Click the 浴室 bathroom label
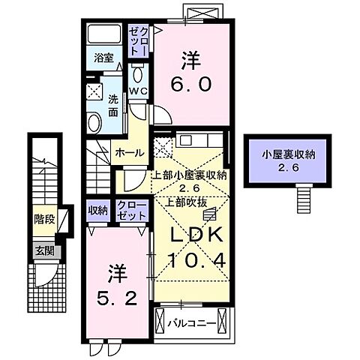(x=102, y=57)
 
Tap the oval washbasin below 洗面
(x=95, y=122)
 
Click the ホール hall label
(x=130, y=151)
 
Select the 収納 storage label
(x=97, y=211)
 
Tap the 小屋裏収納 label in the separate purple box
(x=288, y=155)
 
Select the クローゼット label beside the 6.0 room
(x=135, y=40)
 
